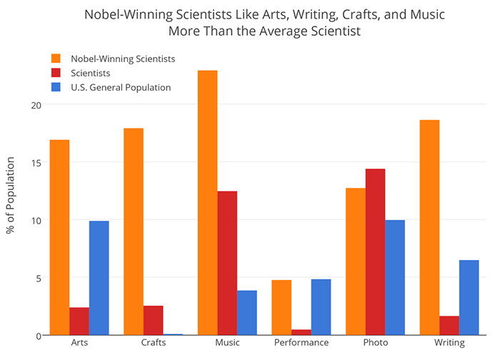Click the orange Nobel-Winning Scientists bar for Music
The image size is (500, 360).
click(208, 203)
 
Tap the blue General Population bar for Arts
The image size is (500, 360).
click(99, 278)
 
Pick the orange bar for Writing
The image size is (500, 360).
click(429, 228)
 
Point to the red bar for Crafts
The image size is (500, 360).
click(153, 321)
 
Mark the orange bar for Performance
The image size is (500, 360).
click(281, 308)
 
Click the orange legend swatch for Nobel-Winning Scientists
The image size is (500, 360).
click(56, 58)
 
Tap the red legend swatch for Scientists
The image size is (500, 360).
click(56, 73)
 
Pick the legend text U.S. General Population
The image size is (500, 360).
click(121, 88)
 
